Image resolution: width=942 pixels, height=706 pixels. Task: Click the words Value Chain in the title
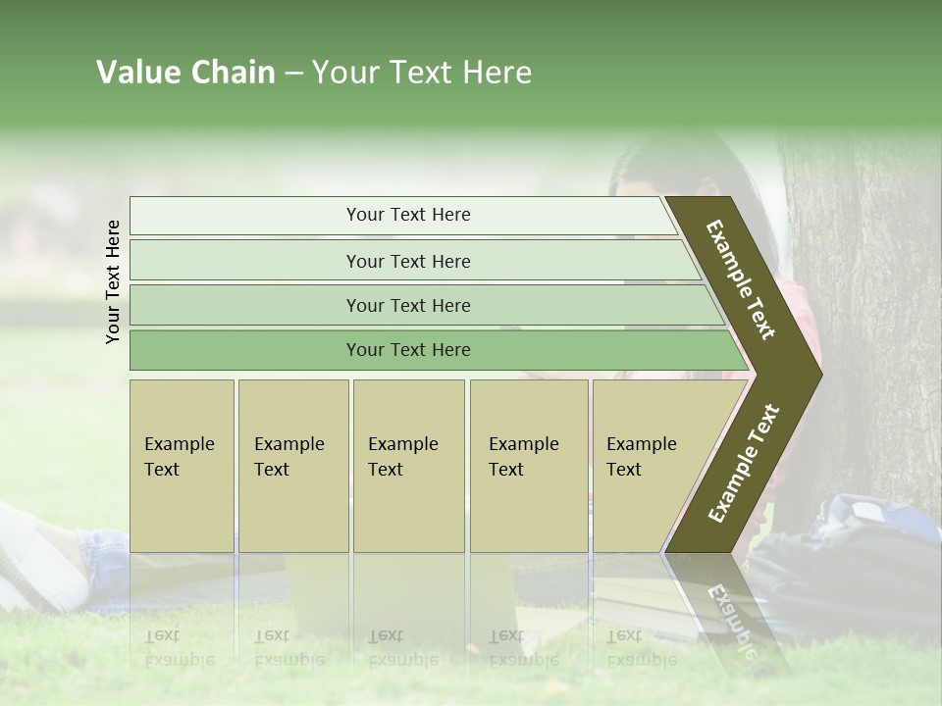pyautogui.click(x=185, y=73)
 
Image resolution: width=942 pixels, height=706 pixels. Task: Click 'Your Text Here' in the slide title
pyautogui.click(x=422, y=73)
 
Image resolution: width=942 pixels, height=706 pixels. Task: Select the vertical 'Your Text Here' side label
pyautogui.click(x=114, y=281)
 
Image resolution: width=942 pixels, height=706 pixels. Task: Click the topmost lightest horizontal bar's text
pyautogui.click(x=408, y=215)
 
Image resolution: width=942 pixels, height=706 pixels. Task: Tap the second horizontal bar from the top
pyautogui.click(x=408, y=261)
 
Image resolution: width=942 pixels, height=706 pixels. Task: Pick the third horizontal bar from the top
pyautogui.click(x=408, y=305)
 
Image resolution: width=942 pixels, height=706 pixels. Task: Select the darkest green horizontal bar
pyautogui.click(x=408, y=350)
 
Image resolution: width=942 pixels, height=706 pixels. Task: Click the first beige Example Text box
pyautogui.click(x=182, y=465)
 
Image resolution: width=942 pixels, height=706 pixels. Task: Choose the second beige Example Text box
pyautogui.click(x=292, y=465)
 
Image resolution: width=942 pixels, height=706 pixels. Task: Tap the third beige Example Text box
pyautogui.click(x=407, y=465)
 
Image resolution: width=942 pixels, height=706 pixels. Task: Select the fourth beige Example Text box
pyautogui.click(x=528, y=465)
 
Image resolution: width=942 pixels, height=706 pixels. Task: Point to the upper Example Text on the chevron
pyautogui.click(x=741, y=280)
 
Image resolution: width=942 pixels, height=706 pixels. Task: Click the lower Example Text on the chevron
pyautogui.click(x=744, y=464)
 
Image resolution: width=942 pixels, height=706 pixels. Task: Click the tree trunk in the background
pyautogui.click(x=863, y=294)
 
